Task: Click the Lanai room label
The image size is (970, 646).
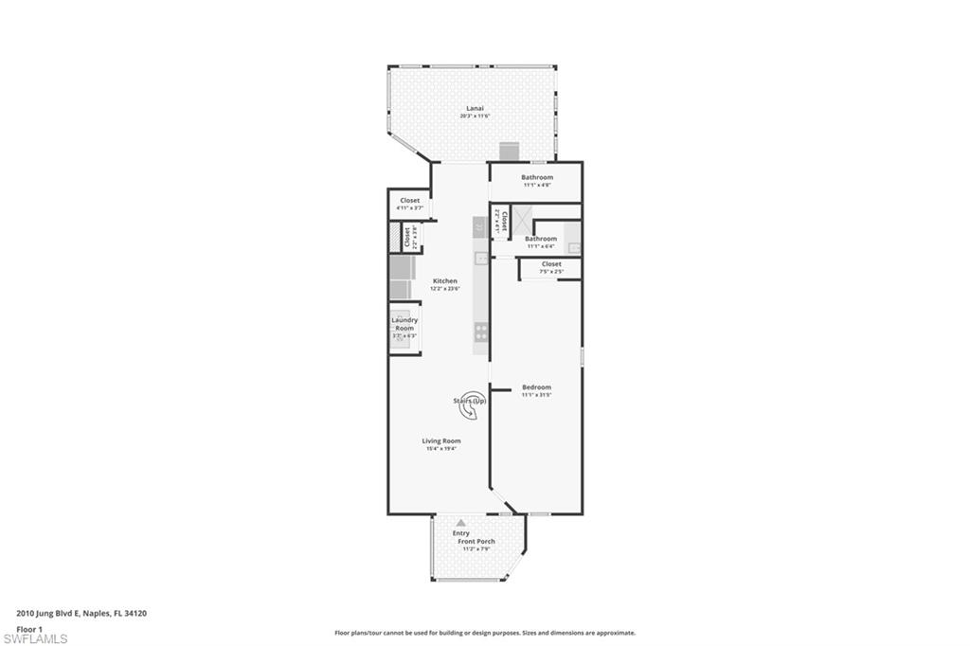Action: pyautogui.click(x=475, y=108)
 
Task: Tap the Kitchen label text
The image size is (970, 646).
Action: pyautogui.click(x=445, y=281)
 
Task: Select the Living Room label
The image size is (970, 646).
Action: pyautogui.click(x=441, y=440)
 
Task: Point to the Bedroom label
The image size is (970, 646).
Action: pyautogui.click(x=536, y=387)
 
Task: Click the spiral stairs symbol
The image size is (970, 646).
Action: pyautogui.click(x=473, y=402)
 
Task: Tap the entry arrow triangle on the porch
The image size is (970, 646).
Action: pyautogui.click(x=460, y=522)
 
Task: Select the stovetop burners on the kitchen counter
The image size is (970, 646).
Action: pyautogui.click(x=481, y=332)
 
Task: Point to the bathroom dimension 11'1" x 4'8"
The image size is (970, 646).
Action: pyautogui.click(x=537, y=185)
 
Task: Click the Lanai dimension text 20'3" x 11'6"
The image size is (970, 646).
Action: pyautogui.click(x=475, y=117)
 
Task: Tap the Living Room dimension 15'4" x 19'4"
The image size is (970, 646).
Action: pyautogui.click(x=441, y=449)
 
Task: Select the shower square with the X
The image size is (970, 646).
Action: pyautogui.click(x=522, y=216)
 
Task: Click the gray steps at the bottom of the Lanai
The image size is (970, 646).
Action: pyautogui.click(x=510, y=151)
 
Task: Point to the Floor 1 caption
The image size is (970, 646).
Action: pyautogui.click(x=28, y=627)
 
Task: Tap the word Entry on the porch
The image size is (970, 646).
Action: pyautogui.click(x=460, y=533)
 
